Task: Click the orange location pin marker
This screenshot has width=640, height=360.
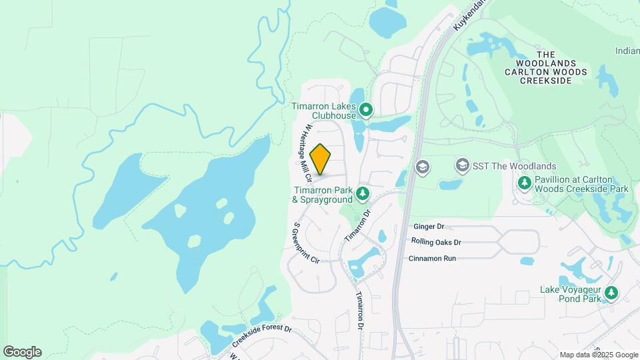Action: [x=321, y=159]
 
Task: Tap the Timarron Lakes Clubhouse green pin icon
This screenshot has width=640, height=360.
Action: [x=365, y=109]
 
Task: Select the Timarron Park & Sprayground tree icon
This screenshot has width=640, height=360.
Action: [x=362, y=194]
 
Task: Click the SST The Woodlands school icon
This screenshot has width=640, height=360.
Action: [x=462, y=165]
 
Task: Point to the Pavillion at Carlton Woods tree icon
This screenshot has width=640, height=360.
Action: [x=525, y=181]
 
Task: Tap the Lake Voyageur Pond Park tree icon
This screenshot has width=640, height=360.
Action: [x=611, y=292]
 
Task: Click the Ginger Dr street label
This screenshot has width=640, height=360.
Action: [x=428, y=227]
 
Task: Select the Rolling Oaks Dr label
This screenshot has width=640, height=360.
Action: [x=436, y=242]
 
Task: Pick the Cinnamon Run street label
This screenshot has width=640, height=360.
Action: [x=432, y=258]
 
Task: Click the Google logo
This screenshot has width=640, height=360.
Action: [x=22, y=352]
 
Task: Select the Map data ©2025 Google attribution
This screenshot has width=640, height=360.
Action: [x=599, y=355]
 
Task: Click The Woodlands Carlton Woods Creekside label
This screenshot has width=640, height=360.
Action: [x=547, y=67]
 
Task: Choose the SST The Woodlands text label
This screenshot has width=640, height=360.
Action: [x=515, y=165]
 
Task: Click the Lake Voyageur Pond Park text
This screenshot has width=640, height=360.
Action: [x=571, y=295]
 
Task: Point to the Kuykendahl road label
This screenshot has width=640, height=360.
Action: [x=469, y=15]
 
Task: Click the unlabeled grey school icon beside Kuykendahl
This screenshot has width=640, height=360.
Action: [x=421, y=166]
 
